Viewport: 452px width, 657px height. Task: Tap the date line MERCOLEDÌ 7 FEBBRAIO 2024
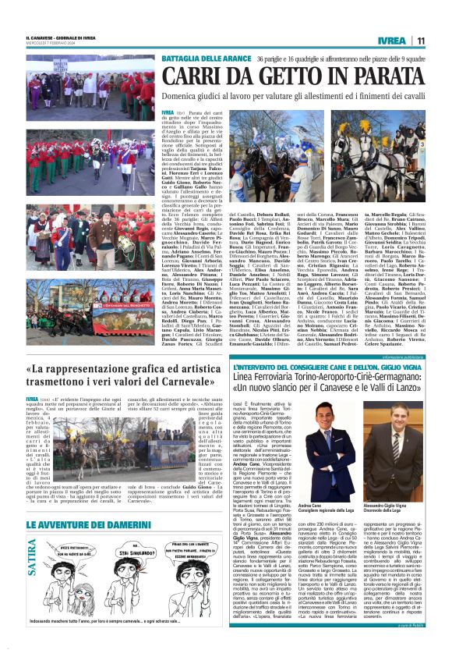coord(50,44)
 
